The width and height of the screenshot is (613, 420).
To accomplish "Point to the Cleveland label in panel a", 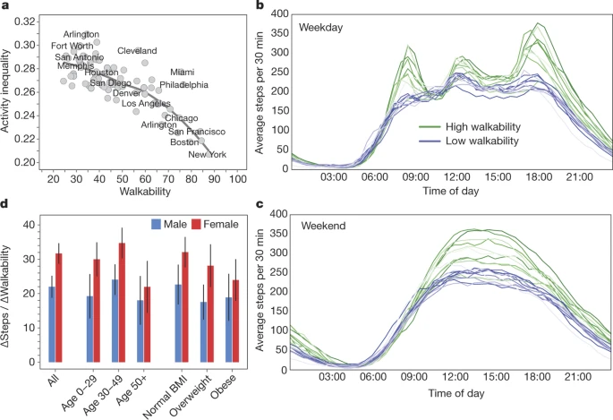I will (137, 51).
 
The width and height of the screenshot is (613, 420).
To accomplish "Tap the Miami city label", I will (183, 73).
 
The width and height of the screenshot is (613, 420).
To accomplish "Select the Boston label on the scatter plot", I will (184, 142).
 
